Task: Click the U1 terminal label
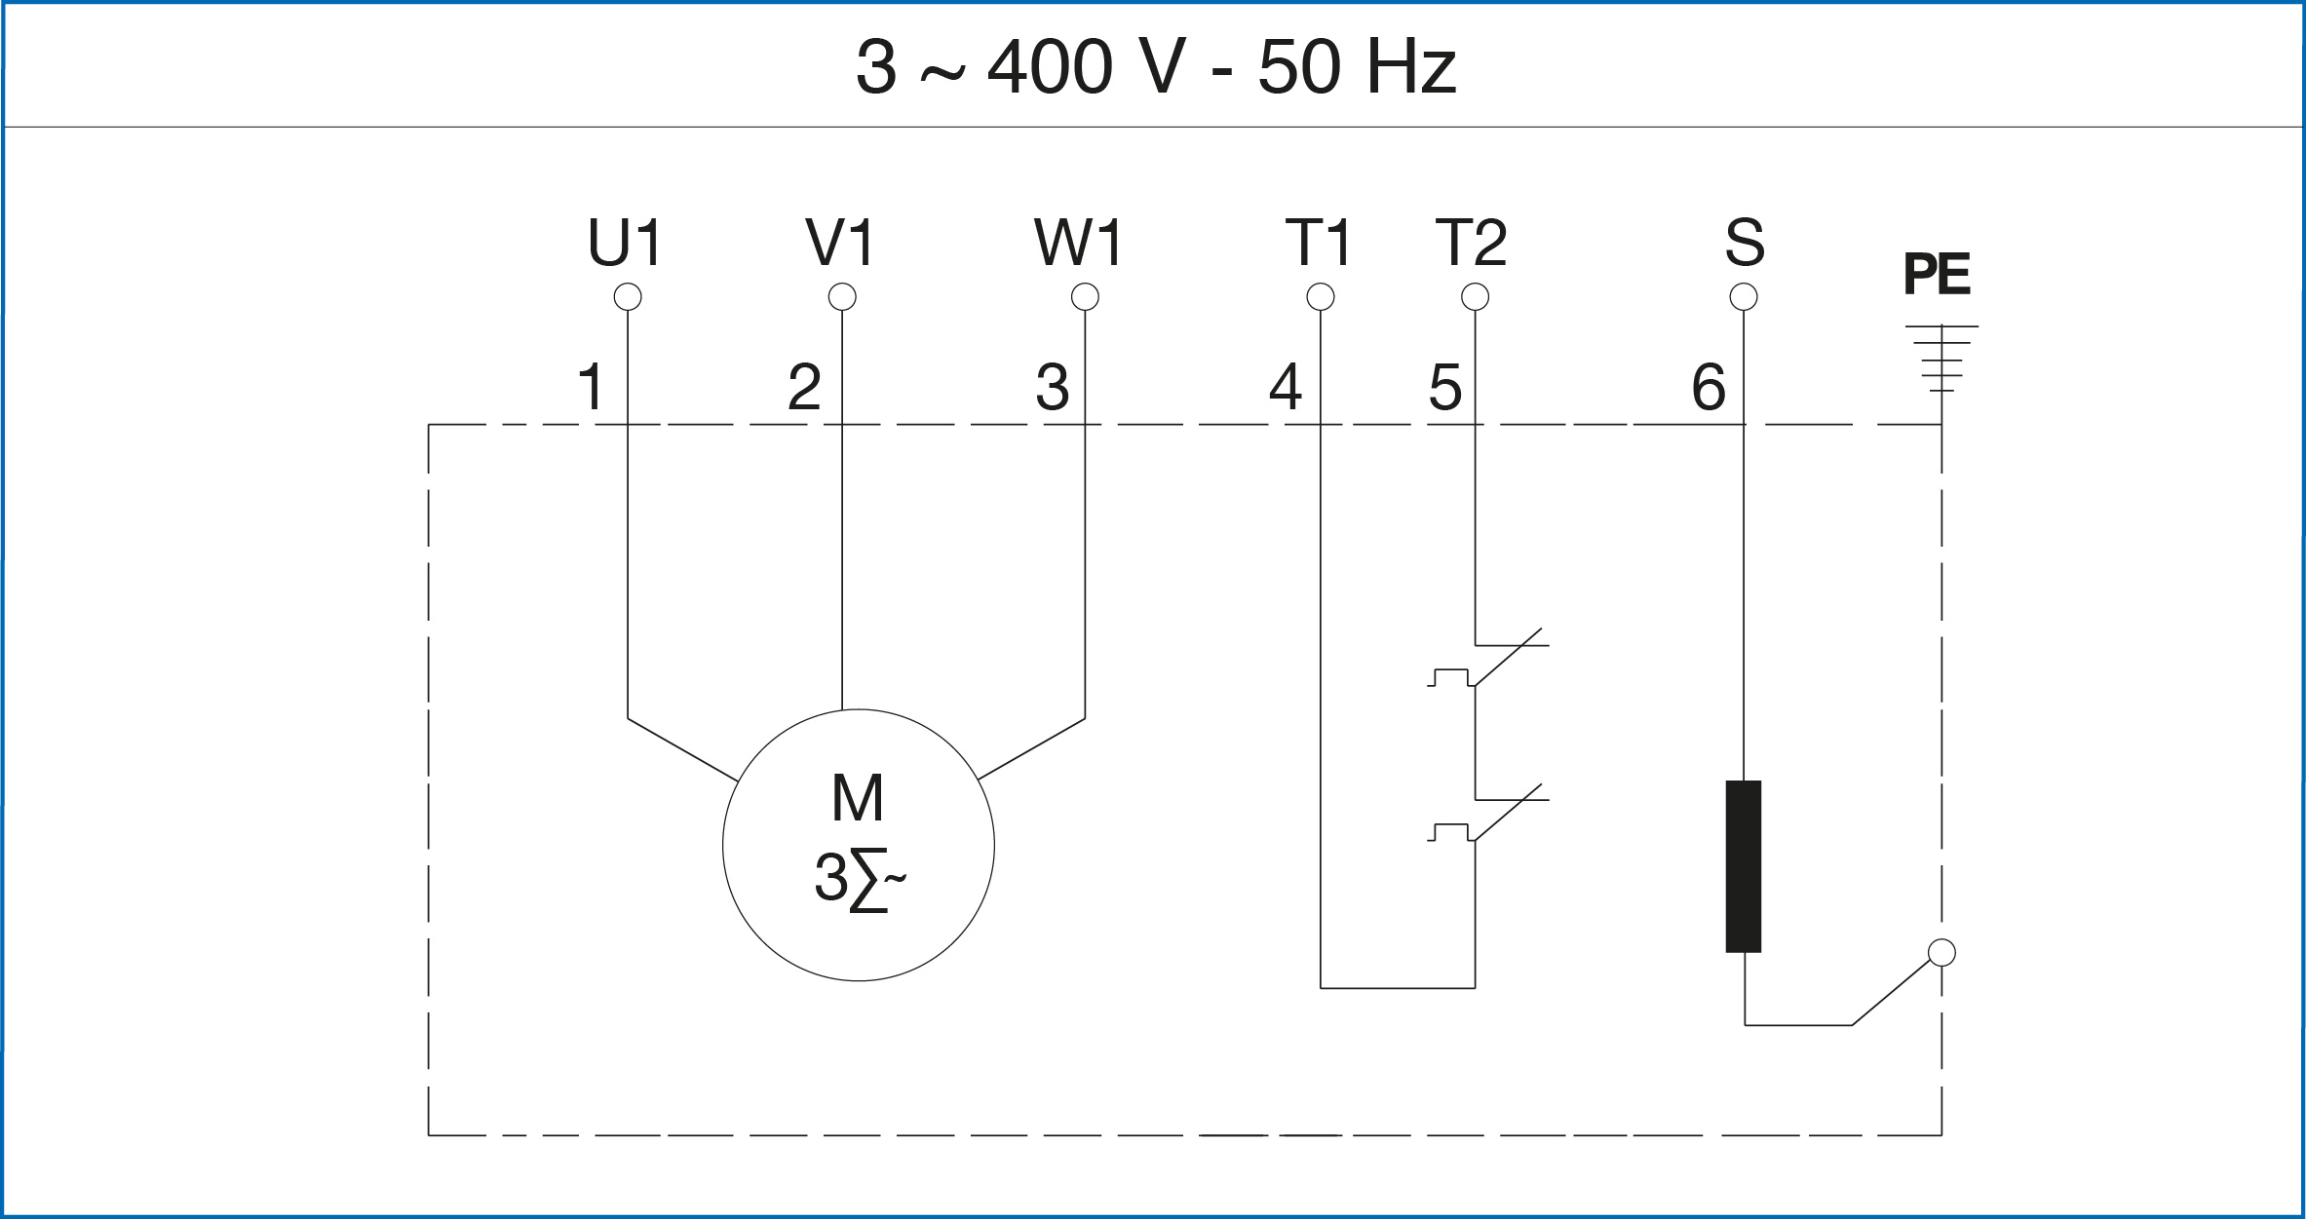point(626,243)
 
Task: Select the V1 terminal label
point(840,243)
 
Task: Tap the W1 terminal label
point(1079,243)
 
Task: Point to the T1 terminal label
point(1319,243)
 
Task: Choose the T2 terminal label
point(1471,243)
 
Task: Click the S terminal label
point(1745,243)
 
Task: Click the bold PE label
point(1937,275)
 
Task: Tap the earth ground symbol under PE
point(1941,358)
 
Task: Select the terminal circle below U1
point(628,296)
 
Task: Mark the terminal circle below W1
point(1085,296)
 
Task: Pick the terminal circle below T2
point(1476,296)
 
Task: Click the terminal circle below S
point(1744,296)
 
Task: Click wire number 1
point(592,387)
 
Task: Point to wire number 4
point(1286,387)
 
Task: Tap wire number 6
point(1709,387)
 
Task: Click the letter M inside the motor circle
point(858,799)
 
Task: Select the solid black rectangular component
point(1744,865)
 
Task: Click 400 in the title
point(1050,68)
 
